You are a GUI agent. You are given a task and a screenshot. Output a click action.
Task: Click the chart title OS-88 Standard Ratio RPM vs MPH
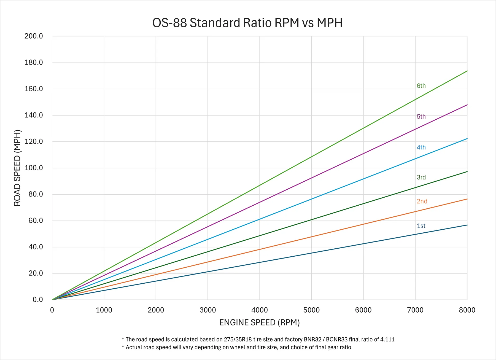[x=247, y=23]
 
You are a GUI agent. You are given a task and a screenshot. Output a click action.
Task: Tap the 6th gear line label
[x=421, y=86]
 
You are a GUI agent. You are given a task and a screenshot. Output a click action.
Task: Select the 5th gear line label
[x=421, y=117]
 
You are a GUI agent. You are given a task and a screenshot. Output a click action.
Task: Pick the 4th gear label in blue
[x=421, y=147]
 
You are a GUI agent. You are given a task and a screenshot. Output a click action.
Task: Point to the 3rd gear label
[x=421, y=177]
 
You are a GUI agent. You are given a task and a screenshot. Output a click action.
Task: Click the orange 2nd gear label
[x=422, y=201]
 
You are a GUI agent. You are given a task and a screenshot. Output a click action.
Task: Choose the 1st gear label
[x=421, y=226]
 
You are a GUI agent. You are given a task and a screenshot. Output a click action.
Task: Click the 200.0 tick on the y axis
[x=34, y=36]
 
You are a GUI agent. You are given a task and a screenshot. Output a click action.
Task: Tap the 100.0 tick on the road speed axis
[x=34, y=168]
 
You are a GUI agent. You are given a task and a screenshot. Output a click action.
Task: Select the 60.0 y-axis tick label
[x=36, y=221]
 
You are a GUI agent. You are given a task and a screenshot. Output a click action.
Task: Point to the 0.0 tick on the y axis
[x=38, y=300]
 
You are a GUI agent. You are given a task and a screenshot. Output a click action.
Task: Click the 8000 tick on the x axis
[x=467, y=310]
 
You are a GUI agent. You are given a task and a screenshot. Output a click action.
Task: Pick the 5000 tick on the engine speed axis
[x=311, y=310]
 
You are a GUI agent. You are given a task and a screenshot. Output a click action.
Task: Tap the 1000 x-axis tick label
[x=104, y=310]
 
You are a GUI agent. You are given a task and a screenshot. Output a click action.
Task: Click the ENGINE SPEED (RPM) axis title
[x=259, y=323]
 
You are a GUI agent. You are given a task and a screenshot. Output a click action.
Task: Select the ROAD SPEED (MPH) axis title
[x=17, y=168]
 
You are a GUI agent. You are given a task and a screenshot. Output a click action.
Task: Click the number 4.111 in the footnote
[x=387, y=339]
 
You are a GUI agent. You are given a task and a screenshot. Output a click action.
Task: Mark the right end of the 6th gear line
[x=467, y=71]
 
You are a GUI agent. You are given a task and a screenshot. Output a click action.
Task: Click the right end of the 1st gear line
[x=467, y=225]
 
